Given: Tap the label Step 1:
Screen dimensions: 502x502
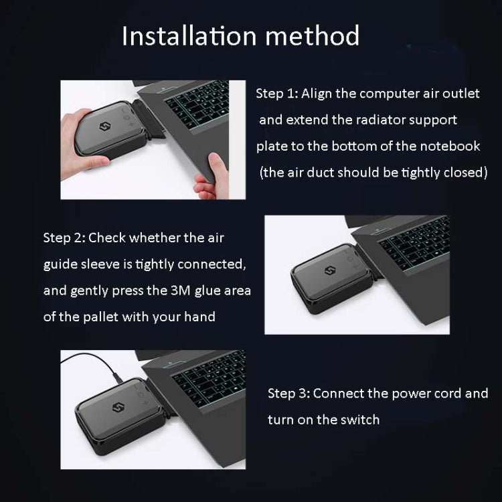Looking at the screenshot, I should tap(276, 94).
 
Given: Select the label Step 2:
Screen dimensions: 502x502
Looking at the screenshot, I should tap(64, 238).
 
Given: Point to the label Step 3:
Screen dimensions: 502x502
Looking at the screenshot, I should tap(288, 393).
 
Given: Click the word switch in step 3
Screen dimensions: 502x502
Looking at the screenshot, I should tap(361, 420).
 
